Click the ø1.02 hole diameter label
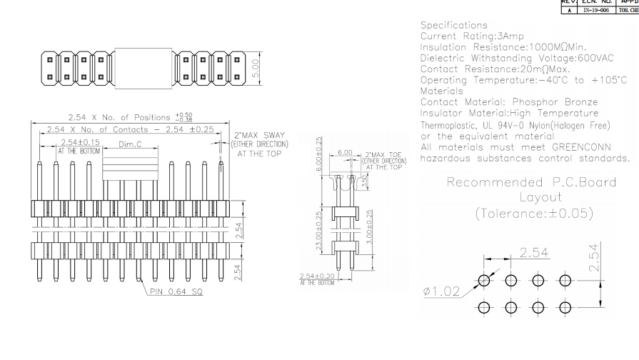442,291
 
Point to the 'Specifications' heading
454,25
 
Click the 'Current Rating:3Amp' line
472,36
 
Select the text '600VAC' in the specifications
594,58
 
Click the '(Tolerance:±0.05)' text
535,213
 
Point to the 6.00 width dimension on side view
345,153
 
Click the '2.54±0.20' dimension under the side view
317,276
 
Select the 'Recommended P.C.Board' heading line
531,182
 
